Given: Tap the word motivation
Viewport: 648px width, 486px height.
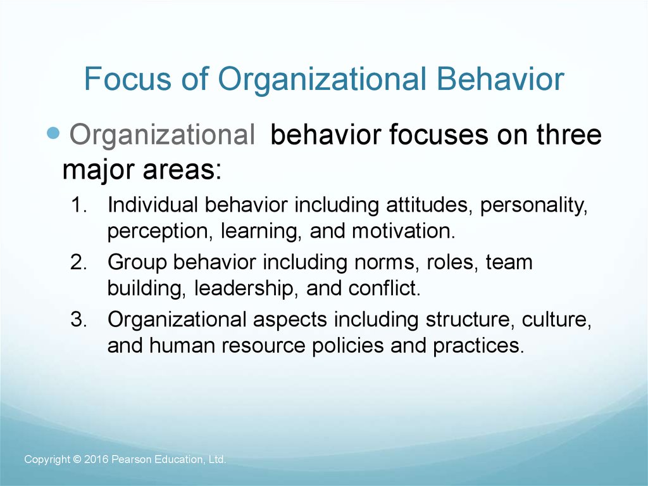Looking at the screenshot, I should coord(403,231).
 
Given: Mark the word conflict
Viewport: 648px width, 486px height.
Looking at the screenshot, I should coord(384,288).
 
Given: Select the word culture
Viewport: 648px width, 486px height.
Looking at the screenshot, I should coord(556,320).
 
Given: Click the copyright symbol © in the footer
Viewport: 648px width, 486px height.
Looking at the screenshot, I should coord(75,459).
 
